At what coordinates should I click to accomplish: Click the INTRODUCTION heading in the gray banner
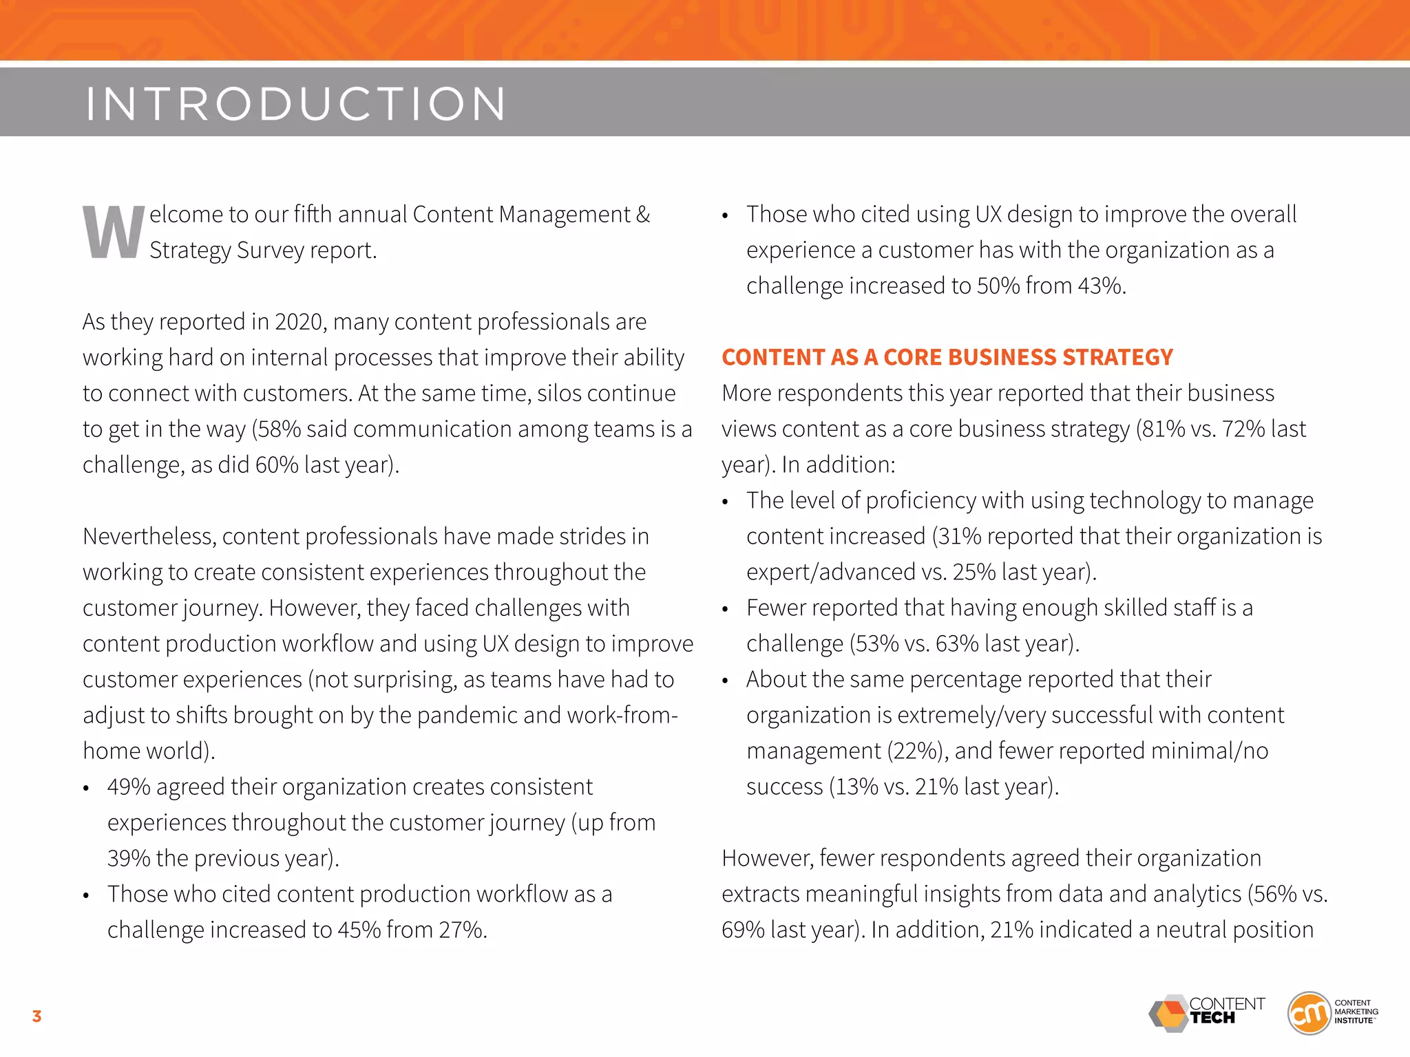296,104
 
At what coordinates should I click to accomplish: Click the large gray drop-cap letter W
114,233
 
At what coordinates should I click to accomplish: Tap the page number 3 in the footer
36,1016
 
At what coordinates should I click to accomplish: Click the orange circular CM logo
1309,1013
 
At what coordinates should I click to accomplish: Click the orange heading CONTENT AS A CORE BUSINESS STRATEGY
947,357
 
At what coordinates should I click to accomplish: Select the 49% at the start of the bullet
129,787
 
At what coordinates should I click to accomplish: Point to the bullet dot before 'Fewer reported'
725,610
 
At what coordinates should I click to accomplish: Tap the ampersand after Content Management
643,215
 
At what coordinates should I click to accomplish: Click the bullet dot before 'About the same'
725,681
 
